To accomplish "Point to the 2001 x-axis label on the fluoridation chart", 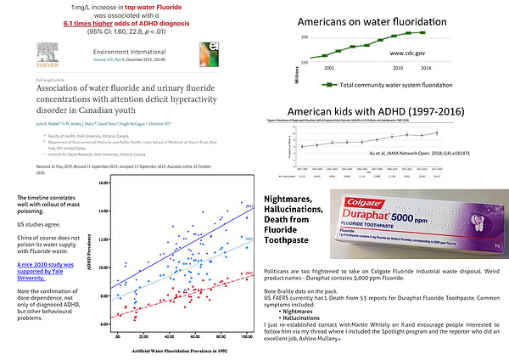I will click(x=327, y=67).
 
